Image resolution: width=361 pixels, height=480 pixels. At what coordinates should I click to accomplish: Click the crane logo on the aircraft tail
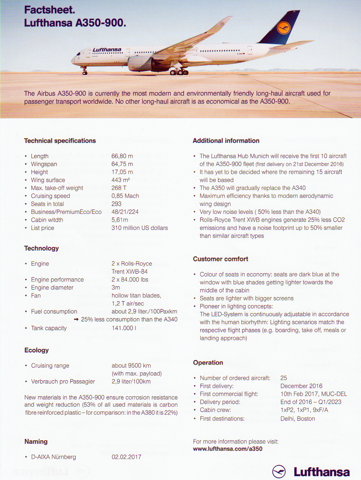pos(283,28)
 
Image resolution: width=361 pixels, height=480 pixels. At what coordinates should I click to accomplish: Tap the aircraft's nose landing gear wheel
pos(85,73)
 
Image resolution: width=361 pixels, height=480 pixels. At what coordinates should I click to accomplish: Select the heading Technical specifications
pos(60,141)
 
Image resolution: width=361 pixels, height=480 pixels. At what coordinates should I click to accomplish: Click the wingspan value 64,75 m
pos(122,164)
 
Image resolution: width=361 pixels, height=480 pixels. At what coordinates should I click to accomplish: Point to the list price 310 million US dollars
pos(140,228)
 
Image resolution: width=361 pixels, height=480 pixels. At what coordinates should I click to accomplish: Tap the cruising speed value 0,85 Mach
pos(125,196)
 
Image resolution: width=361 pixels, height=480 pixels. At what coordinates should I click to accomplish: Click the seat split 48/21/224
pos(125,212)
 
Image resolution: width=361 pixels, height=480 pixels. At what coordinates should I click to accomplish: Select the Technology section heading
pos(42,248)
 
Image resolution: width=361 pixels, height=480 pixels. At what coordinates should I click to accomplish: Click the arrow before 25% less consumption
pos(76,319)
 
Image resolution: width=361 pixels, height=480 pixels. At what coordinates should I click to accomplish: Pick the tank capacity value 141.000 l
pos(124,328)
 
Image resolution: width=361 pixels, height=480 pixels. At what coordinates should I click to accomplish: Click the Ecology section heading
pos(37,350)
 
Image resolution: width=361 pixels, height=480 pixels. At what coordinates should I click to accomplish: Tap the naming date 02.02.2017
pos(126,457)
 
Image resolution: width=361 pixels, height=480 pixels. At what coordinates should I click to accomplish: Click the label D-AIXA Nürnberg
pos(54,457)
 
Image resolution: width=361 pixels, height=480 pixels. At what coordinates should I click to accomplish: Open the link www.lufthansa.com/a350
pos(228,449)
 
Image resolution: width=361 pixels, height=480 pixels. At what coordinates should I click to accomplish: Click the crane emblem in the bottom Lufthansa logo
pos(279,472)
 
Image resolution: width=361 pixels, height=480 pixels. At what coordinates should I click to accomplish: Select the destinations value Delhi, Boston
pos(298,419)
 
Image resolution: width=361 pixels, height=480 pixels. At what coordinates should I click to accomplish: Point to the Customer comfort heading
pos(220,259)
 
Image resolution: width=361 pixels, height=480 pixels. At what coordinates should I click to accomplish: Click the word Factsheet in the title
pos(49,10)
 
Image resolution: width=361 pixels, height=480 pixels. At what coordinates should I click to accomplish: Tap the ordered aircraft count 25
pos(283,378)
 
